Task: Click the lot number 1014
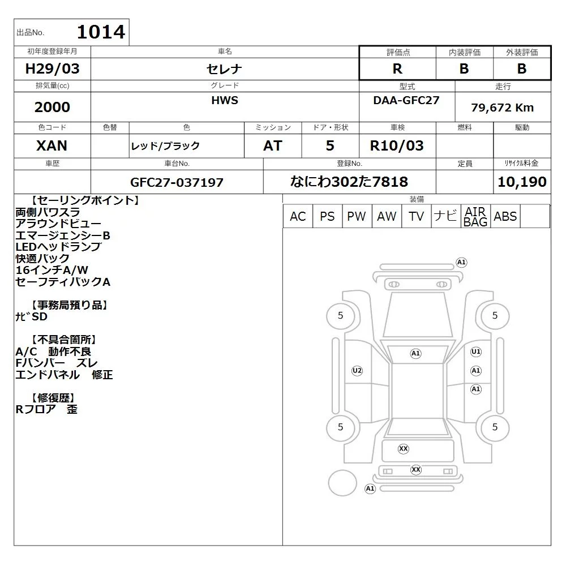[x=101, y=32]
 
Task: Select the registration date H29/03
[x=52, y=68]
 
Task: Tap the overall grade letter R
[x=397, y=68]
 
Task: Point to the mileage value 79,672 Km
[x=502, y=108]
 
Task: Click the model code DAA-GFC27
[x=406, y=100]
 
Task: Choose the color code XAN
[x=52, y=145]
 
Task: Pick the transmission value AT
[x=273, y=145]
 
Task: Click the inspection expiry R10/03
[x=397, y=145]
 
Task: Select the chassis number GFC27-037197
[x=177, y=182]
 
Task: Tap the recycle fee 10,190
[x=522, y=182]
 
